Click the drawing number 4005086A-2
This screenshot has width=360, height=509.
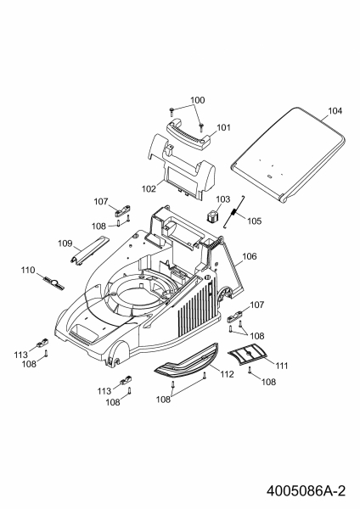(x=306, y=490)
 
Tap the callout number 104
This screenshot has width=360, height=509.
(x=335, y=111)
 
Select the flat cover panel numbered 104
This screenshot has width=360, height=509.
(x=288, y=155)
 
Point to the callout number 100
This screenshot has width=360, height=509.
(x=198, y=100)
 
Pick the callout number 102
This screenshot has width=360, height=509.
(x=149, y=188)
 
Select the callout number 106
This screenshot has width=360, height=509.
(x=250, y=256)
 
